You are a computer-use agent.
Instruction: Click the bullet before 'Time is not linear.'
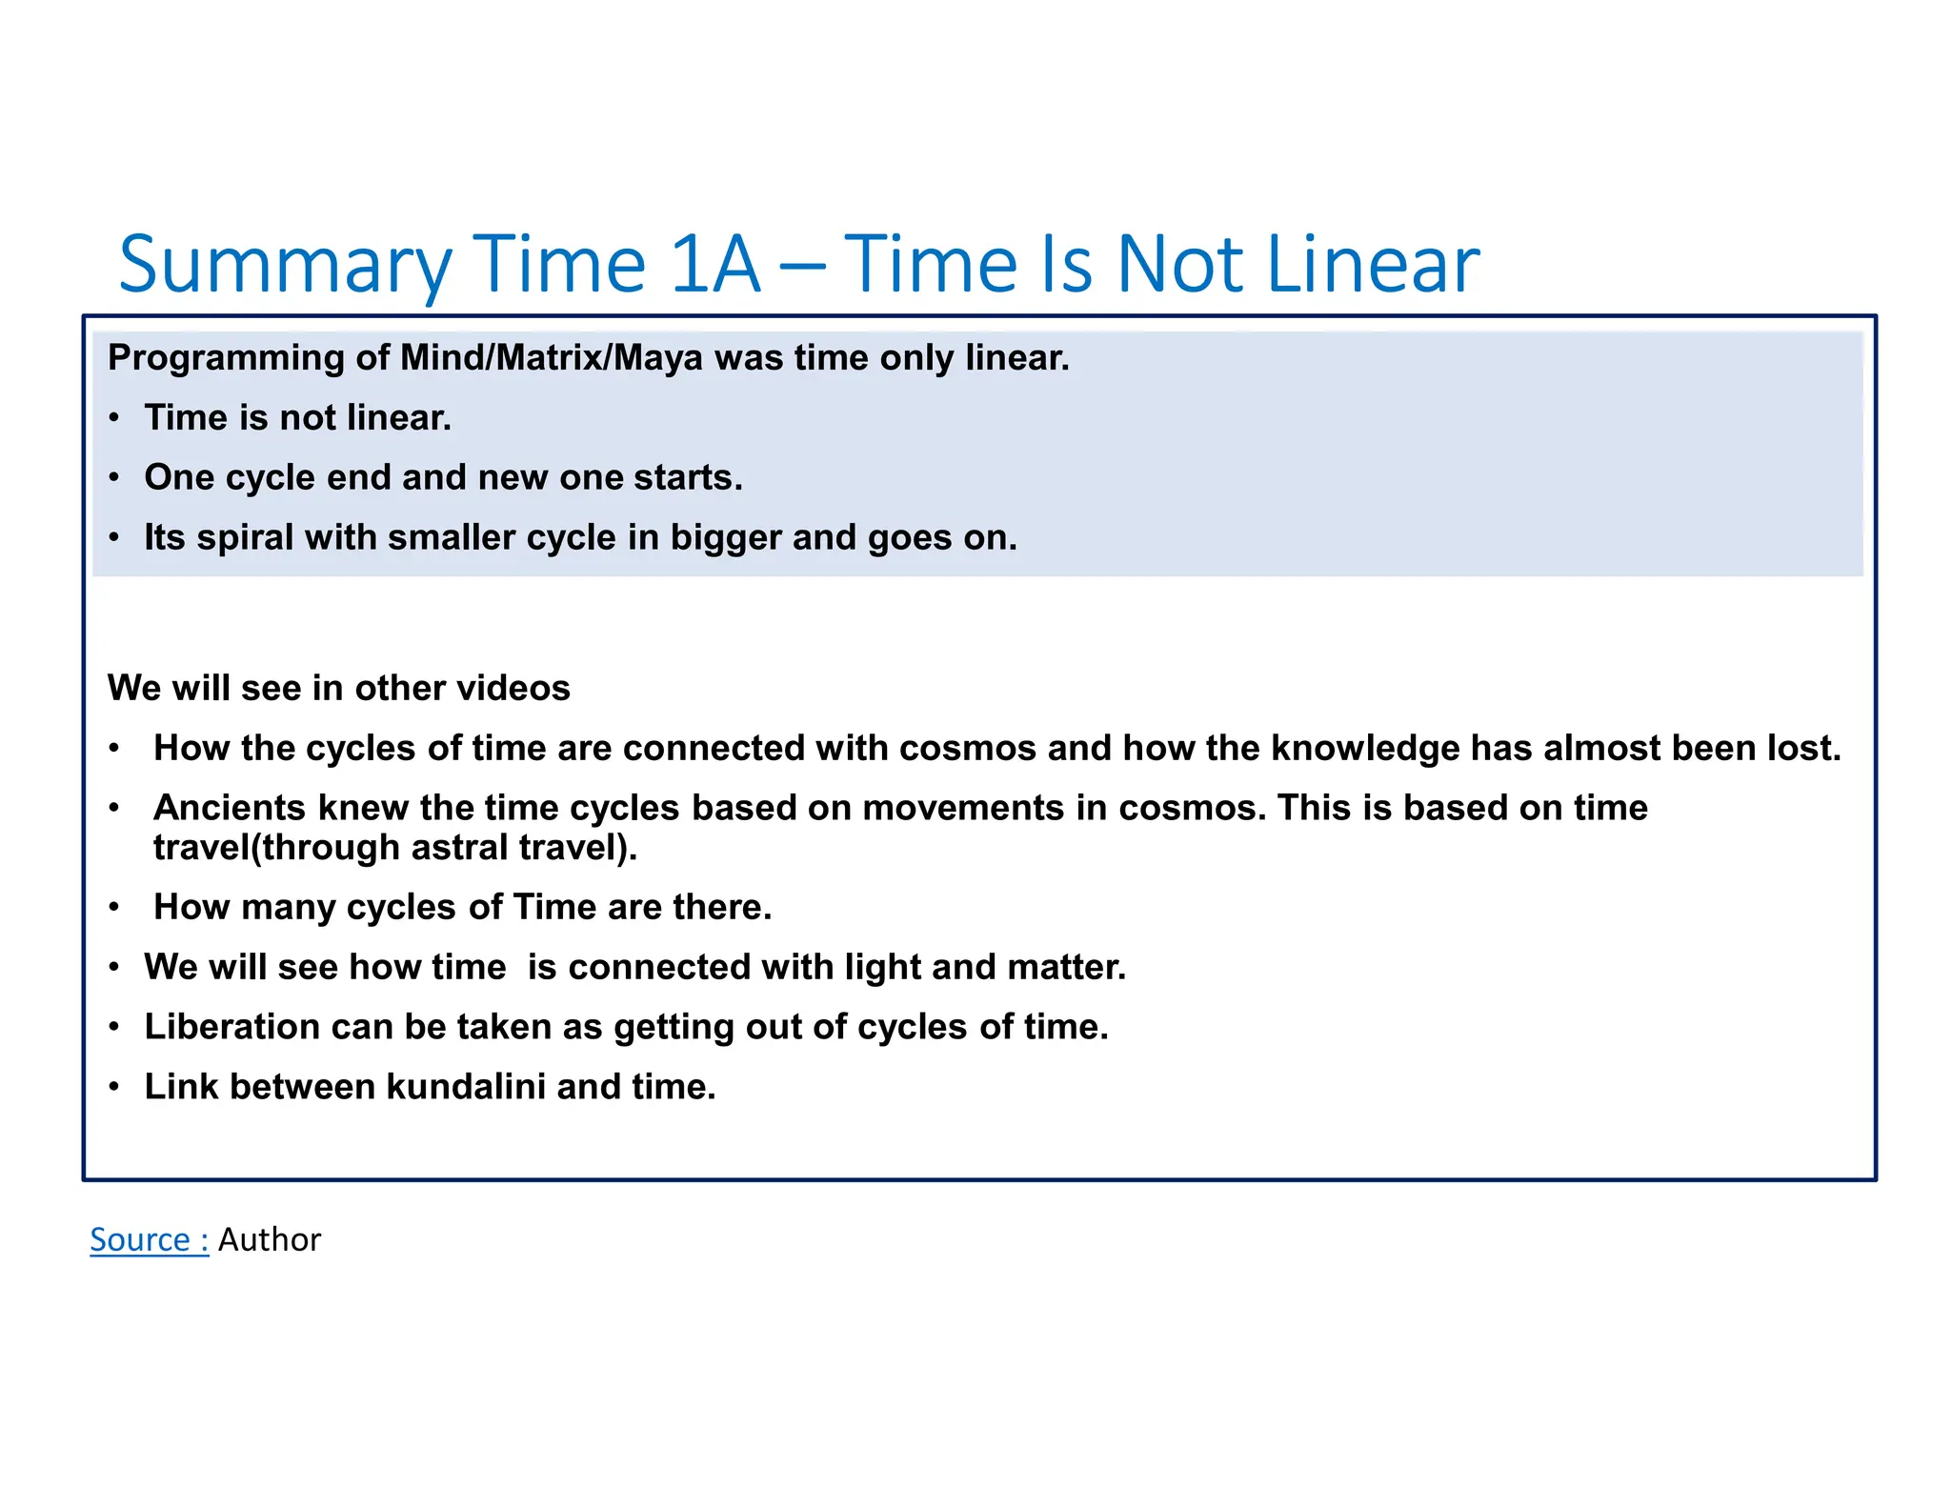(114, 418)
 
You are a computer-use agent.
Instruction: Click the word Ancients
(229, 808)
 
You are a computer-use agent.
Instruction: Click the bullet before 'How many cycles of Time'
(114, 908)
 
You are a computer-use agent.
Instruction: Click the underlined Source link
(149, 1239)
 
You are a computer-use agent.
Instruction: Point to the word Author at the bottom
(270, 1239)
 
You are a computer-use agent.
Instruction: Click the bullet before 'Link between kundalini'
(114, 1087)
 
